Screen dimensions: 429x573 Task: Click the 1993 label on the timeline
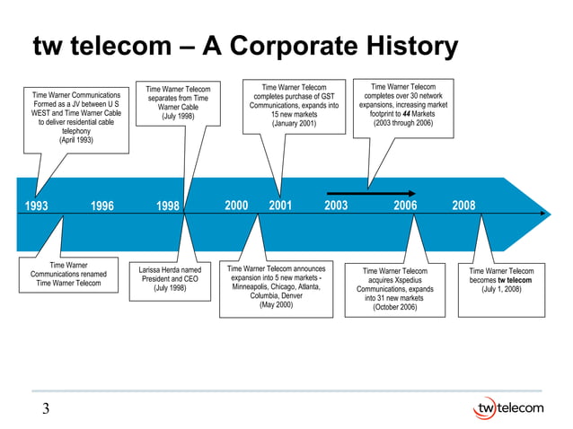click(x=37, y=206)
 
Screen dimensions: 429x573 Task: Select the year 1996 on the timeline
click(x=101, y=206)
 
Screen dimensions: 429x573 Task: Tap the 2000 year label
click(x=236, y=206)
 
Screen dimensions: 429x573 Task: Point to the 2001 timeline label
click(x=280, y=206)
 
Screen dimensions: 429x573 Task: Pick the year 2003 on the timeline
click(x=336, y=206)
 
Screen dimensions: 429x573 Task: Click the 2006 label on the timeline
click(x=405, y=206)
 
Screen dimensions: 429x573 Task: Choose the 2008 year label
click(x=463, y=206)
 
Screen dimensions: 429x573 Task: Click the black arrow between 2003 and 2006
click(x=371, y=193)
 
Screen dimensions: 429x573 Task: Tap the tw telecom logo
click(x=507, y=408)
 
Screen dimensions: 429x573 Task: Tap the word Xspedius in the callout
click(x=407, y=280)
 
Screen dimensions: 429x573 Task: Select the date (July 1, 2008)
click(x=501, y=290)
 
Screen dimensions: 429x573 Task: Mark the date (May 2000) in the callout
click(x=276, y=305)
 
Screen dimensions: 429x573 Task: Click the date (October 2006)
click(x=394, y=308)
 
